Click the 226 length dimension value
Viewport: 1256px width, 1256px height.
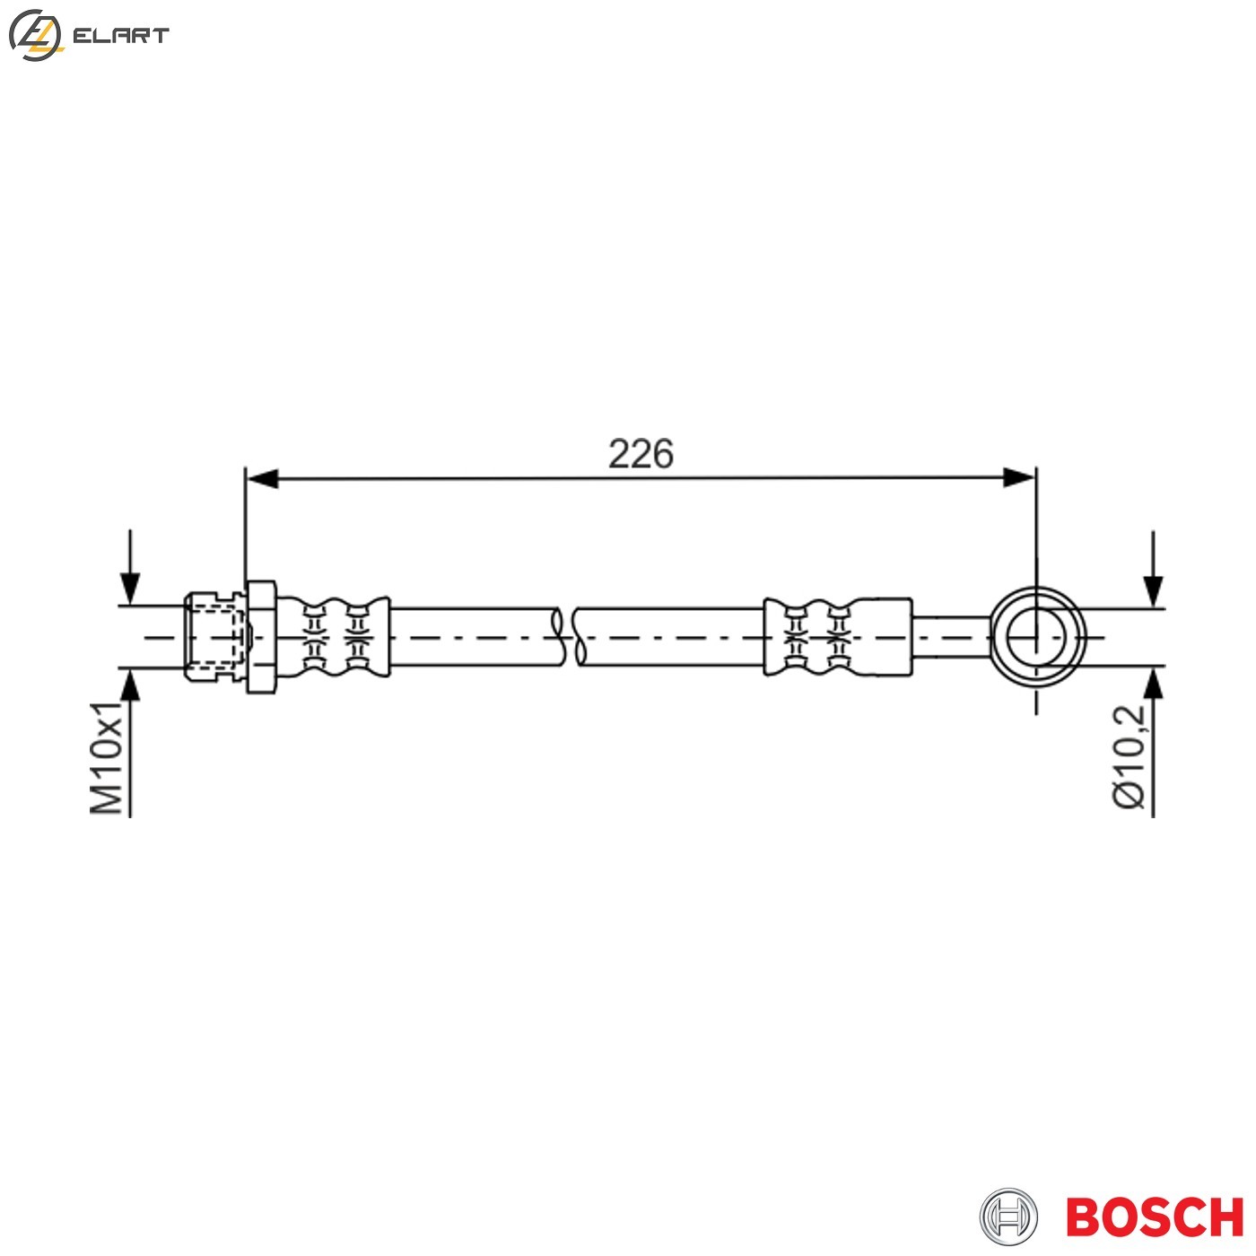pos(641,454)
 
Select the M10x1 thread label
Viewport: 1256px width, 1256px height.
pos(107,758)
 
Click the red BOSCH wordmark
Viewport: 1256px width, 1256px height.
pos(1154,1217)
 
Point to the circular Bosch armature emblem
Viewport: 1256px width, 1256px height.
pos(1008,1217)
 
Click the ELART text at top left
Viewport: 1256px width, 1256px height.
pos(120,36)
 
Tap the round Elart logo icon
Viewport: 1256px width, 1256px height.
pos(35,36)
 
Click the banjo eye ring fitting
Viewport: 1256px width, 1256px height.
pos(1037,637)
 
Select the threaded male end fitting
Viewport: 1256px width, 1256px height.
pos(214,637)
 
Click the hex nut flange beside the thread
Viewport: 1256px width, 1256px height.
pos(260,637)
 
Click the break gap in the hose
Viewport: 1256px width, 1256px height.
pos(569,637)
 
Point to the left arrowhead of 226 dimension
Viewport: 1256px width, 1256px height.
pos(261,478)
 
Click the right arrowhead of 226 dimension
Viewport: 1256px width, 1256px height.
pos(1020,478)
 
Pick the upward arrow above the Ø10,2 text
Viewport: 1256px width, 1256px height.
pos(1153,685)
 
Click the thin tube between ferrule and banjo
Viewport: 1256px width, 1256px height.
pos(951,637)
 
